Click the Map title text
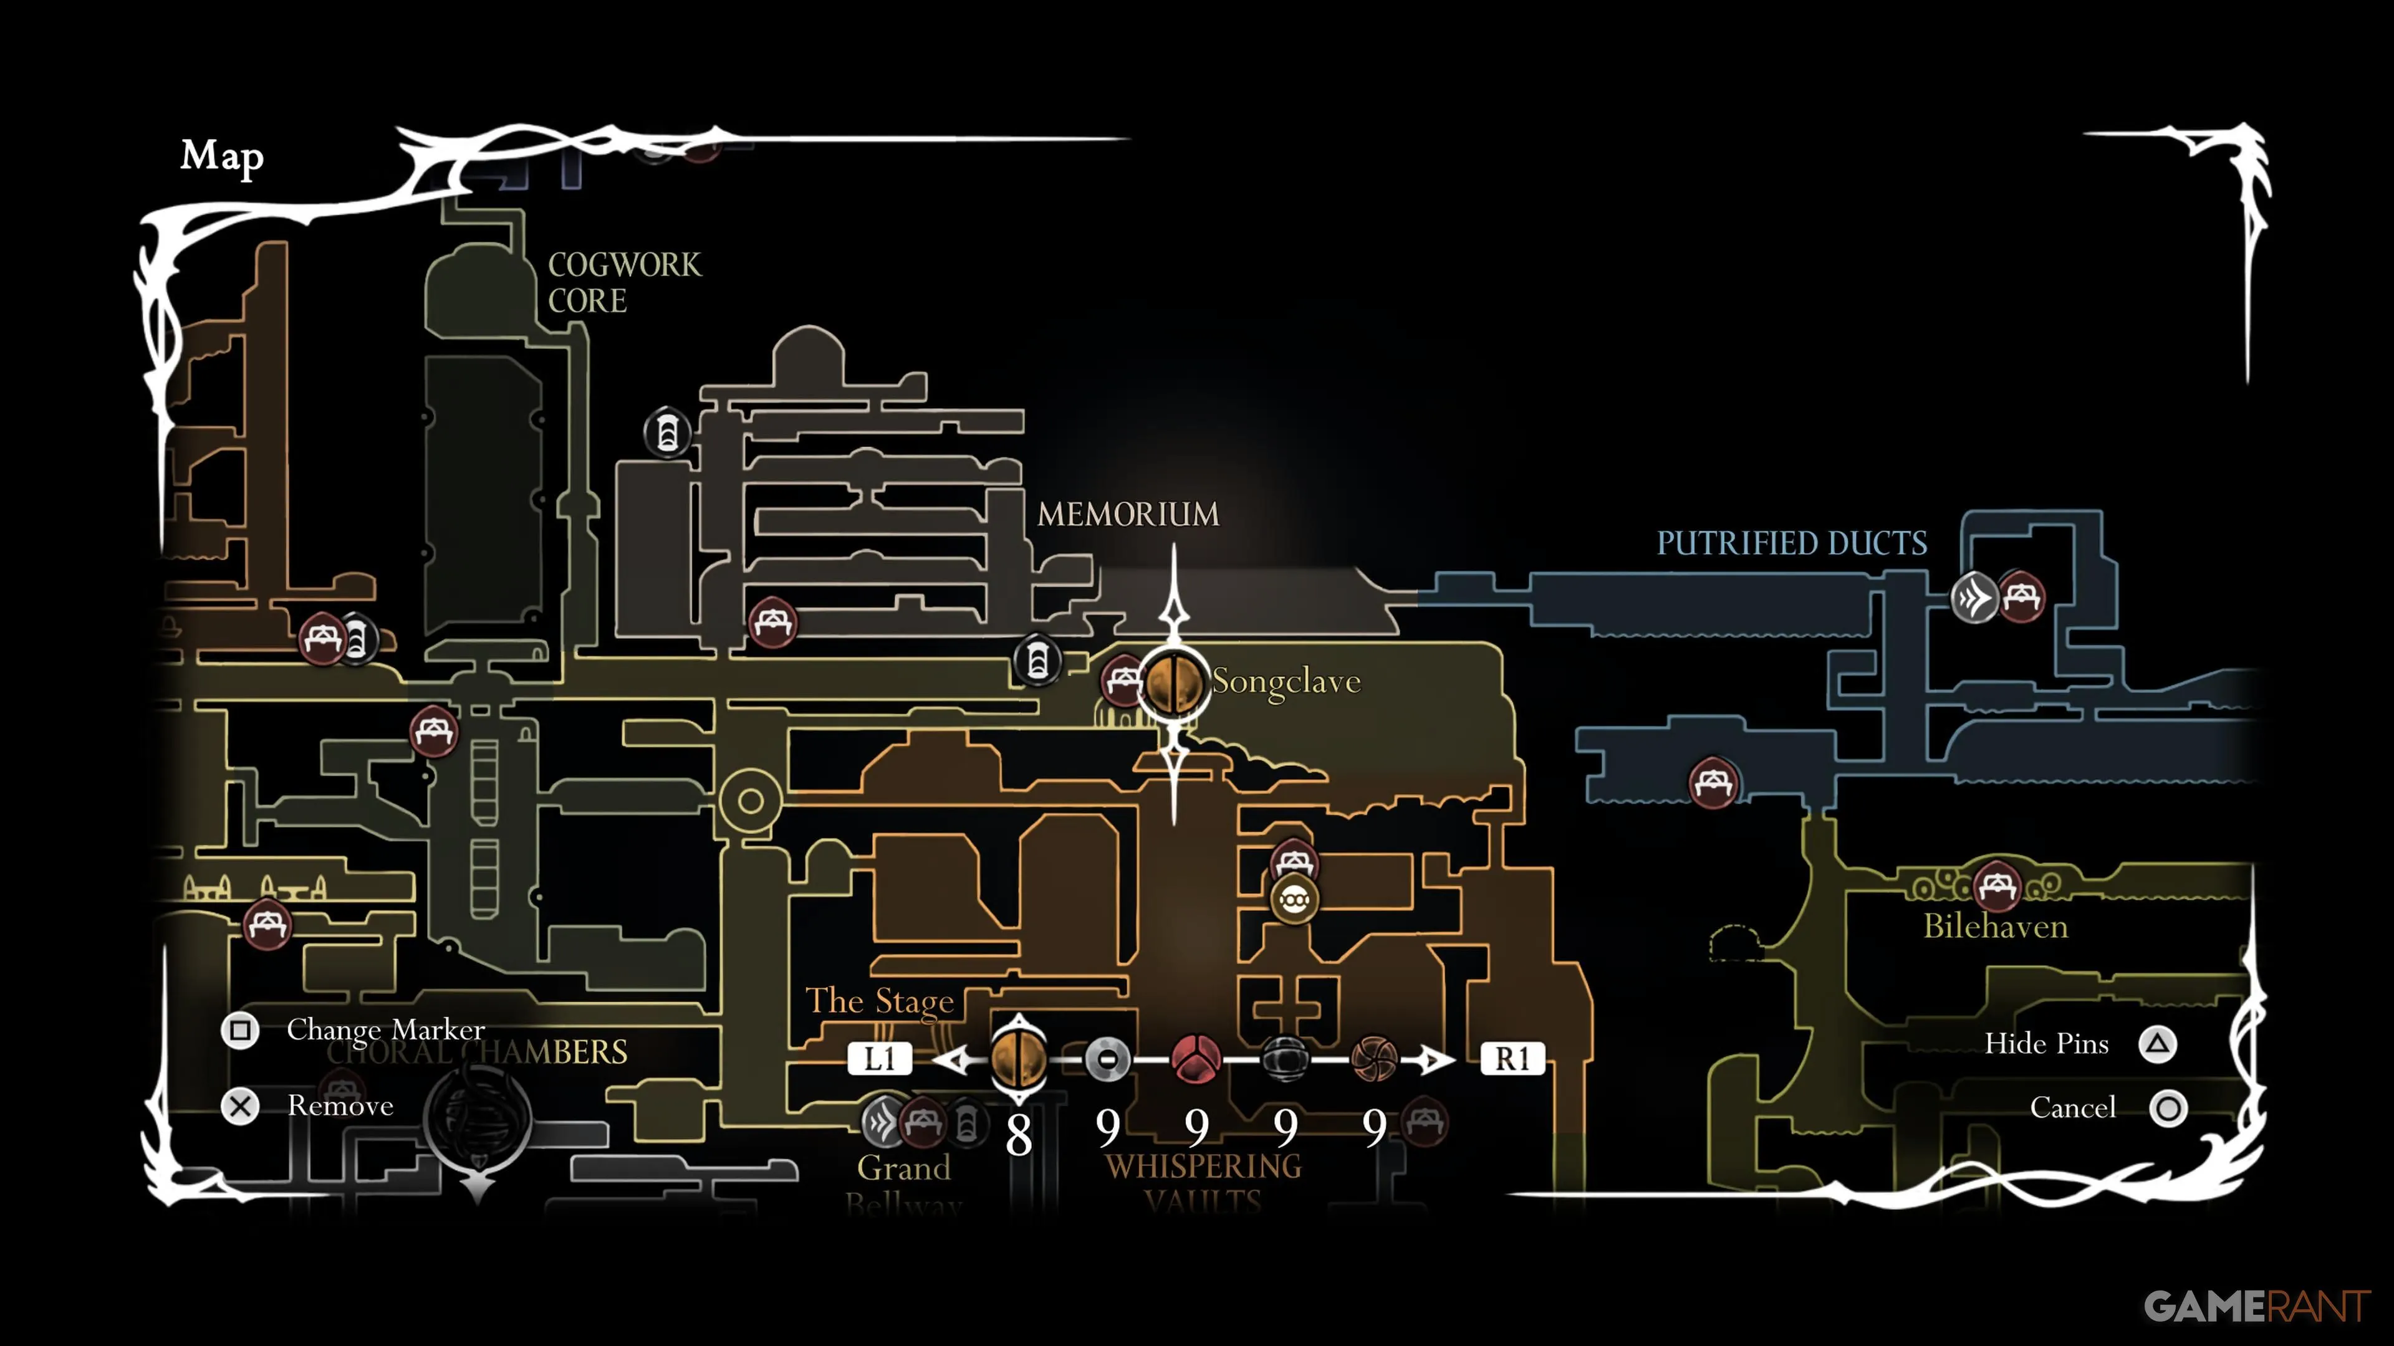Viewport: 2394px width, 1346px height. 221,156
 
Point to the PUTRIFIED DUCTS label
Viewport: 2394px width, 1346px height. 1791,543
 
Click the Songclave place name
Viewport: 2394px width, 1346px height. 1286,682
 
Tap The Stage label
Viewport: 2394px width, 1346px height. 879,1001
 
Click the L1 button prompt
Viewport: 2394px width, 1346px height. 879,1058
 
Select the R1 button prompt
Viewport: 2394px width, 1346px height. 1512,1058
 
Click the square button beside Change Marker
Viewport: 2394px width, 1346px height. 240,1030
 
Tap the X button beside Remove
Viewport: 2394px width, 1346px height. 240,1106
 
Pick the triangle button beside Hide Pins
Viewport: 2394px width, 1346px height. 2157,1044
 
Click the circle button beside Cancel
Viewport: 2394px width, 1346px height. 2168,1108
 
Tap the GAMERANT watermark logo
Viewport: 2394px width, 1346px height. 2256,1306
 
